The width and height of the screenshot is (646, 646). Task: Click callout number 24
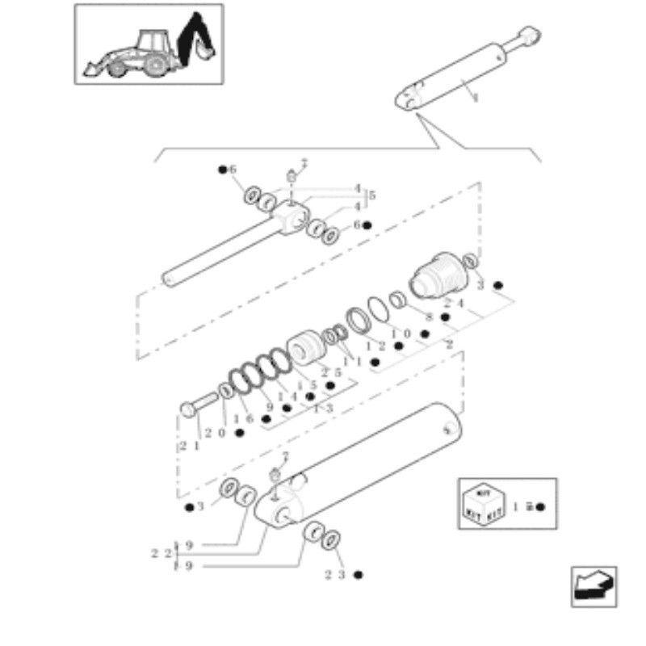coord(453,304)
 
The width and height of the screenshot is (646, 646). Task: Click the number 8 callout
coord(430,317)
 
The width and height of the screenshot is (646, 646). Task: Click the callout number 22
coord(158,554)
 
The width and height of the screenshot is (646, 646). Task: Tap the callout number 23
coord(335,575)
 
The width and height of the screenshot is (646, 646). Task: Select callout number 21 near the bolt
coord(189,445)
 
